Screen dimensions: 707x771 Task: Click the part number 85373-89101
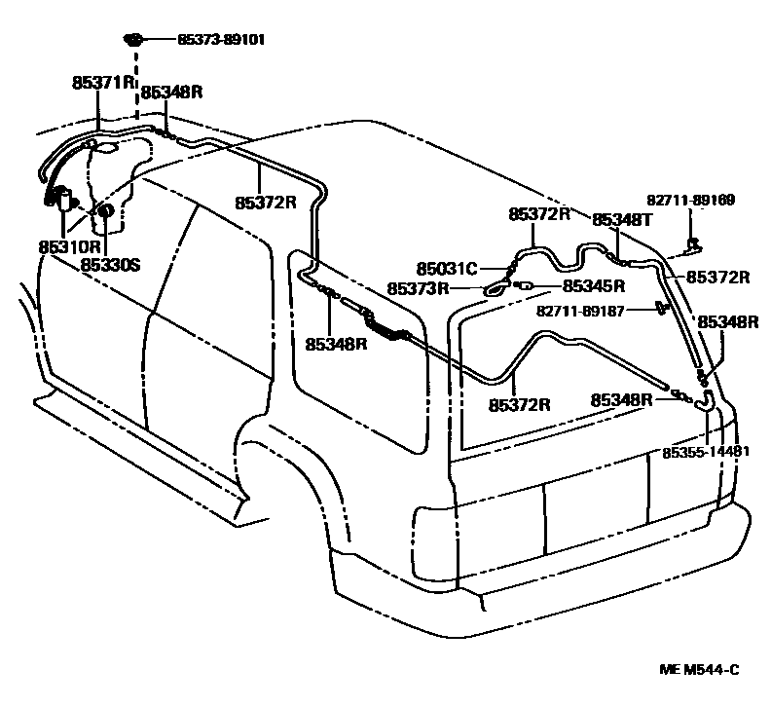(x=221, y=40)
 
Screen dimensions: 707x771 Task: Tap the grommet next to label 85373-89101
(x=134, y=40)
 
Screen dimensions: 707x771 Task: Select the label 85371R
(x=102, y=83)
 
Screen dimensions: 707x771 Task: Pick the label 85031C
(x=447, y=268)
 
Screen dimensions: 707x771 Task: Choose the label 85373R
(x=418, y=288)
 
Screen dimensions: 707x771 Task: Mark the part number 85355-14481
(x=706, y=452)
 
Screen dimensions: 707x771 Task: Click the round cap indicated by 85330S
(x=106, y=210)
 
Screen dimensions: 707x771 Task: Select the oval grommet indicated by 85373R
(x=495, y=288)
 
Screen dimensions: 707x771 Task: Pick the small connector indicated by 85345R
(x=522, y=285)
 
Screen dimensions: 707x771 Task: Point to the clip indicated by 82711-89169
(x=693, y=242)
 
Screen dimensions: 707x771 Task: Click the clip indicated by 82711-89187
(x=662, y=309)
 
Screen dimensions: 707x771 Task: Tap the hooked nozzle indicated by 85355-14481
(x=707, y=398)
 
